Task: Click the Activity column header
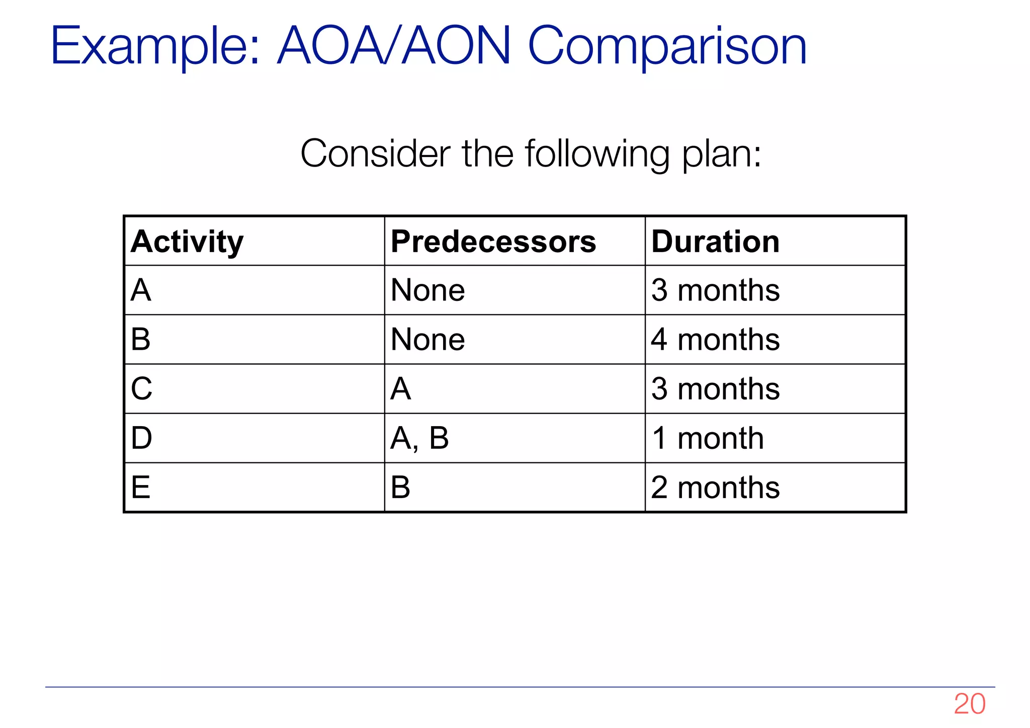click(187, 242)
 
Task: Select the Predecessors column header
click(493, 242)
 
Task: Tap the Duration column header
click(715, 242)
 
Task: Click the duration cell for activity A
click(715, 290)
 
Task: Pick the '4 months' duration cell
click(715, 340)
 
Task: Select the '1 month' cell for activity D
click(708, 438)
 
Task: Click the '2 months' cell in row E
click(715, 488)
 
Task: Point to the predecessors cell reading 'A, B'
click(419, 438)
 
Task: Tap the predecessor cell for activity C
click(401, 389)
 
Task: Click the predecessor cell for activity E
click(401, 488)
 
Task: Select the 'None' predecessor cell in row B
click(427, 340)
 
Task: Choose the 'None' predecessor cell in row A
click(427, 290)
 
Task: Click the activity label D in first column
click(141, 438)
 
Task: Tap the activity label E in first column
click(141, 488)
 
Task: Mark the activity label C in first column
click(141, 389)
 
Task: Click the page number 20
click(969, 704)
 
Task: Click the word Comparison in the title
click(667, 47)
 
